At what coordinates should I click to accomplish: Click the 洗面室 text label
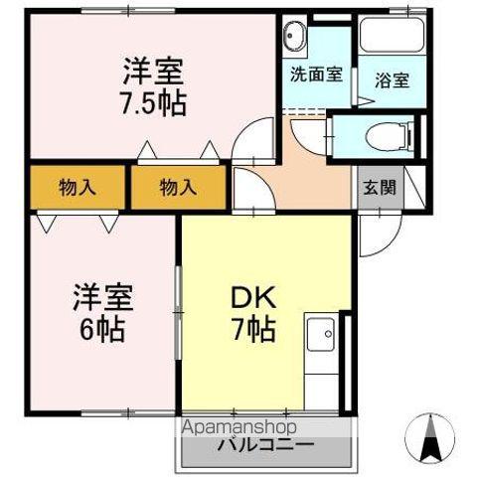[317, 74]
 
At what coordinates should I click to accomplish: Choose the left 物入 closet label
[77, 186]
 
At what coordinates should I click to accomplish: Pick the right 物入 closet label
[178, 186]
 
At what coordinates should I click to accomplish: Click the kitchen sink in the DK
[321, 338]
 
